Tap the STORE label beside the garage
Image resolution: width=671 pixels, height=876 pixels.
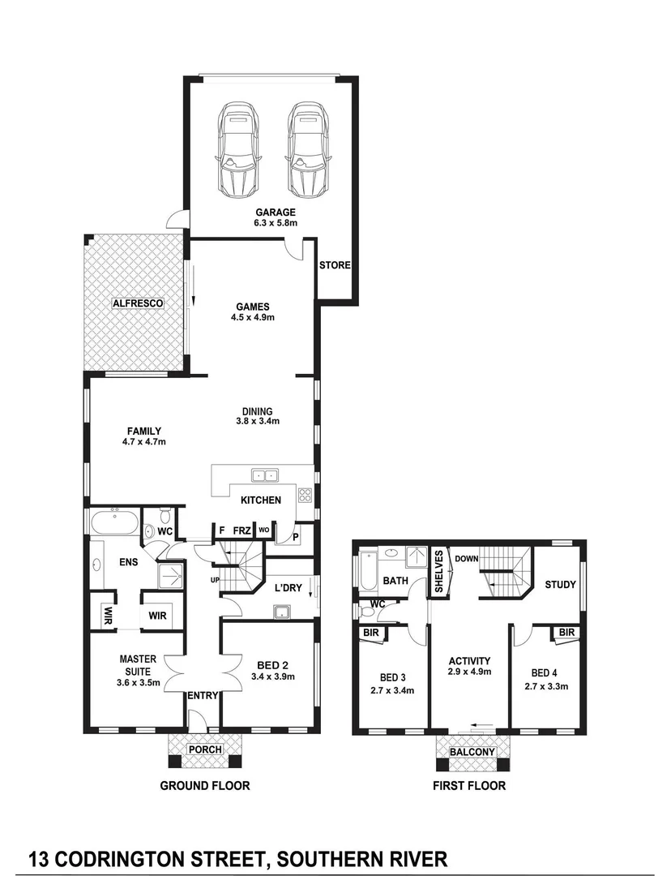pos(334,265)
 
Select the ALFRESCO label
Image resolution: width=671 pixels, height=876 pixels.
pos(138,303)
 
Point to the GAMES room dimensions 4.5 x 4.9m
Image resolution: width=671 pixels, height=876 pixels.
pos(252,318)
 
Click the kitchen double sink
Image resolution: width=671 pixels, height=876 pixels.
pos(264,476)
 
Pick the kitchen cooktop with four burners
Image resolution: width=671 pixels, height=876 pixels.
pos(305,495)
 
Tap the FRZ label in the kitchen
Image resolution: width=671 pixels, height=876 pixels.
pos(241,530)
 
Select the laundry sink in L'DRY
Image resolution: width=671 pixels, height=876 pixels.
pos(283,612)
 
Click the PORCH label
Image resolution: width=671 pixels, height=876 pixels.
pos(204,749)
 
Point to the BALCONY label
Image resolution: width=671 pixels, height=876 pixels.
pos(472,752)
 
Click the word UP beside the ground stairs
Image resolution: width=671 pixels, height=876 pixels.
pos(215,581)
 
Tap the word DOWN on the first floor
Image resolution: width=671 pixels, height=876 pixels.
pos(466,559)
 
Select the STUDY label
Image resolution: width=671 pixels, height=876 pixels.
pos(560,584)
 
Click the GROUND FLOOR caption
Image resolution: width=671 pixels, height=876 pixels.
pos(204,785)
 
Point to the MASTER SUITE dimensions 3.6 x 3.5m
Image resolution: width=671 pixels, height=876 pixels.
pos(137,672)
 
